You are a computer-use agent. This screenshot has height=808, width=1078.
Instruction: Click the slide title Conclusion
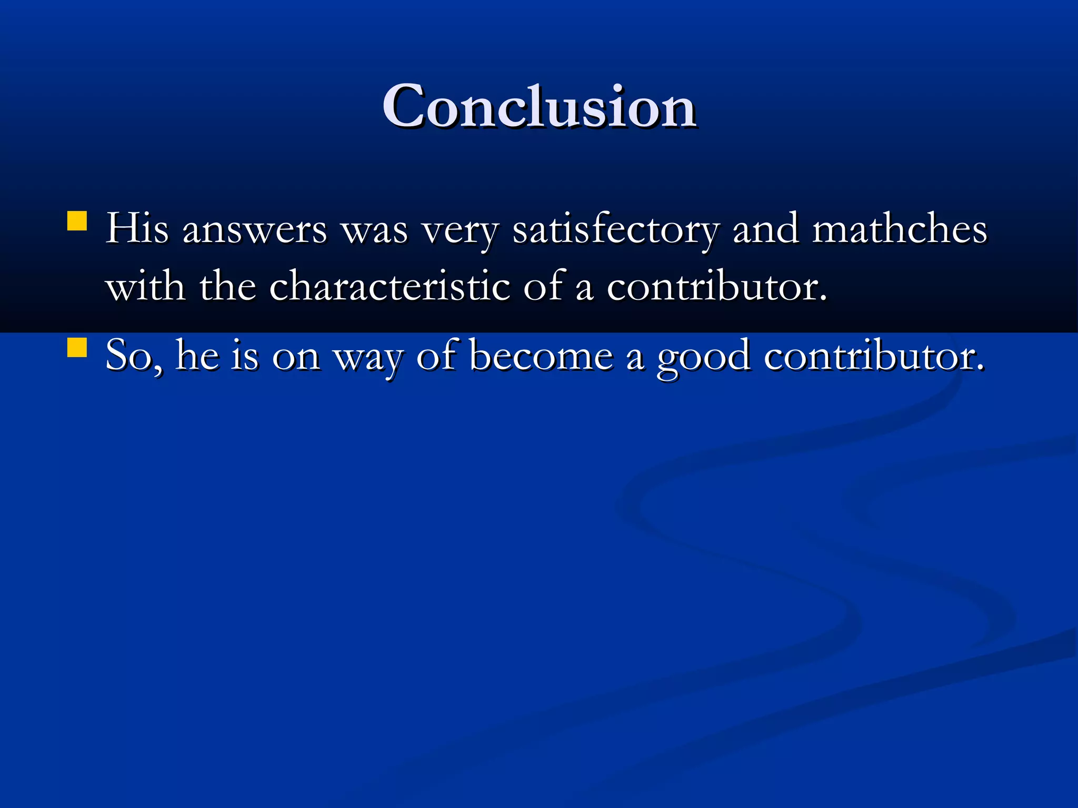pyautogui.click(x=539, y=107)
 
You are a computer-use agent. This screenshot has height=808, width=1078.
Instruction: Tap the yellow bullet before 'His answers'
pyautogui.click(x=77, y=221)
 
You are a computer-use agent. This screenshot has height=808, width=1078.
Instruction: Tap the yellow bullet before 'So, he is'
pyautogui.click(x=77, y=348)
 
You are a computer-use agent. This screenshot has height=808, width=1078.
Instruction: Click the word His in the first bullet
pyautogui.click(x=137, y=229)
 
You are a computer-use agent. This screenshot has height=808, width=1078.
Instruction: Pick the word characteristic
pyautogui.click(x=390, y=287)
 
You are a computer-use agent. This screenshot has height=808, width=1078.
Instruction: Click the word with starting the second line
pyautogui.click(x=145, y=287)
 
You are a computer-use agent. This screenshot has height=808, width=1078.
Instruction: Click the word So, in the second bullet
pyautogui.click(x=134, y=357)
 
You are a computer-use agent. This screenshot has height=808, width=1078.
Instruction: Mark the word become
pyautogui.click(x=541, y=356)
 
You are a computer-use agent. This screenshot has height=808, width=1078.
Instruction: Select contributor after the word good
pyautogui.click(x=874, y=356)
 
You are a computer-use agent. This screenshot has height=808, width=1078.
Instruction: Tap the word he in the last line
pyautogui.click(x=197, y=356)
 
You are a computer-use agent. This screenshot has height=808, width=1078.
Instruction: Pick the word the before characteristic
pyautogui.click(x=227, y=287)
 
